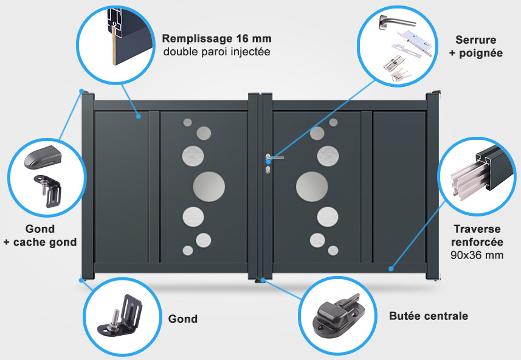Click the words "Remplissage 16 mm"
[x=216, y=38]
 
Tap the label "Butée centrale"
[x=429, y=316]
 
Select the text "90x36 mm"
[x=477, y=255]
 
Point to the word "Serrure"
[x=476, y=40]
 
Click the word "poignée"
[x=481, y=53]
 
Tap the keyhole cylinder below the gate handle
[x=268, y=170]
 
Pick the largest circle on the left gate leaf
[x=209, y=187]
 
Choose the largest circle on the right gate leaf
[x=312, y=187]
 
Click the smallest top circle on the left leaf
[x=187, y=122]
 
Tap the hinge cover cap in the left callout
[x=43, y=157]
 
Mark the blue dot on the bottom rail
[x=391, y=269]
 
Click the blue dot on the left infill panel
[x=139, y=116]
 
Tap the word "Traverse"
[x=477, y=229]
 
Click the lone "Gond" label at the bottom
[x=183, y=319]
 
